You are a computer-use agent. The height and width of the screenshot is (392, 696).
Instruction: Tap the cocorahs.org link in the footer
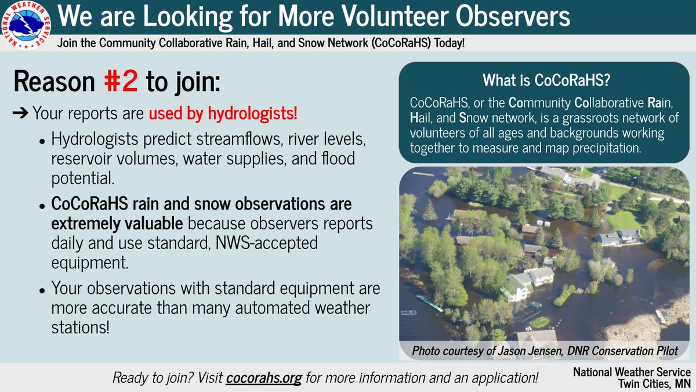pyautogui.click(x=264, y=378)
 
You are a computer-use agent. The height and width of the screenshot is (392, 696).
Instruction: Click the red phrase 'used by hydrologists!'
pyautogui.click(x=223, y=113)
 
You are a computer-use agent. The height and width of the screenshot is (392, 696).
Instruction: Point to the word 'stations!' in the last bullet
pyautogui.click(x=80, y=326)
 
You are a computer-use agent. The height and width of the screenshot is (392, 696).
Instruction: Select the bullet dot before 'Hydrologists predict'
pyautogui.click(x=42, y=141)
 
